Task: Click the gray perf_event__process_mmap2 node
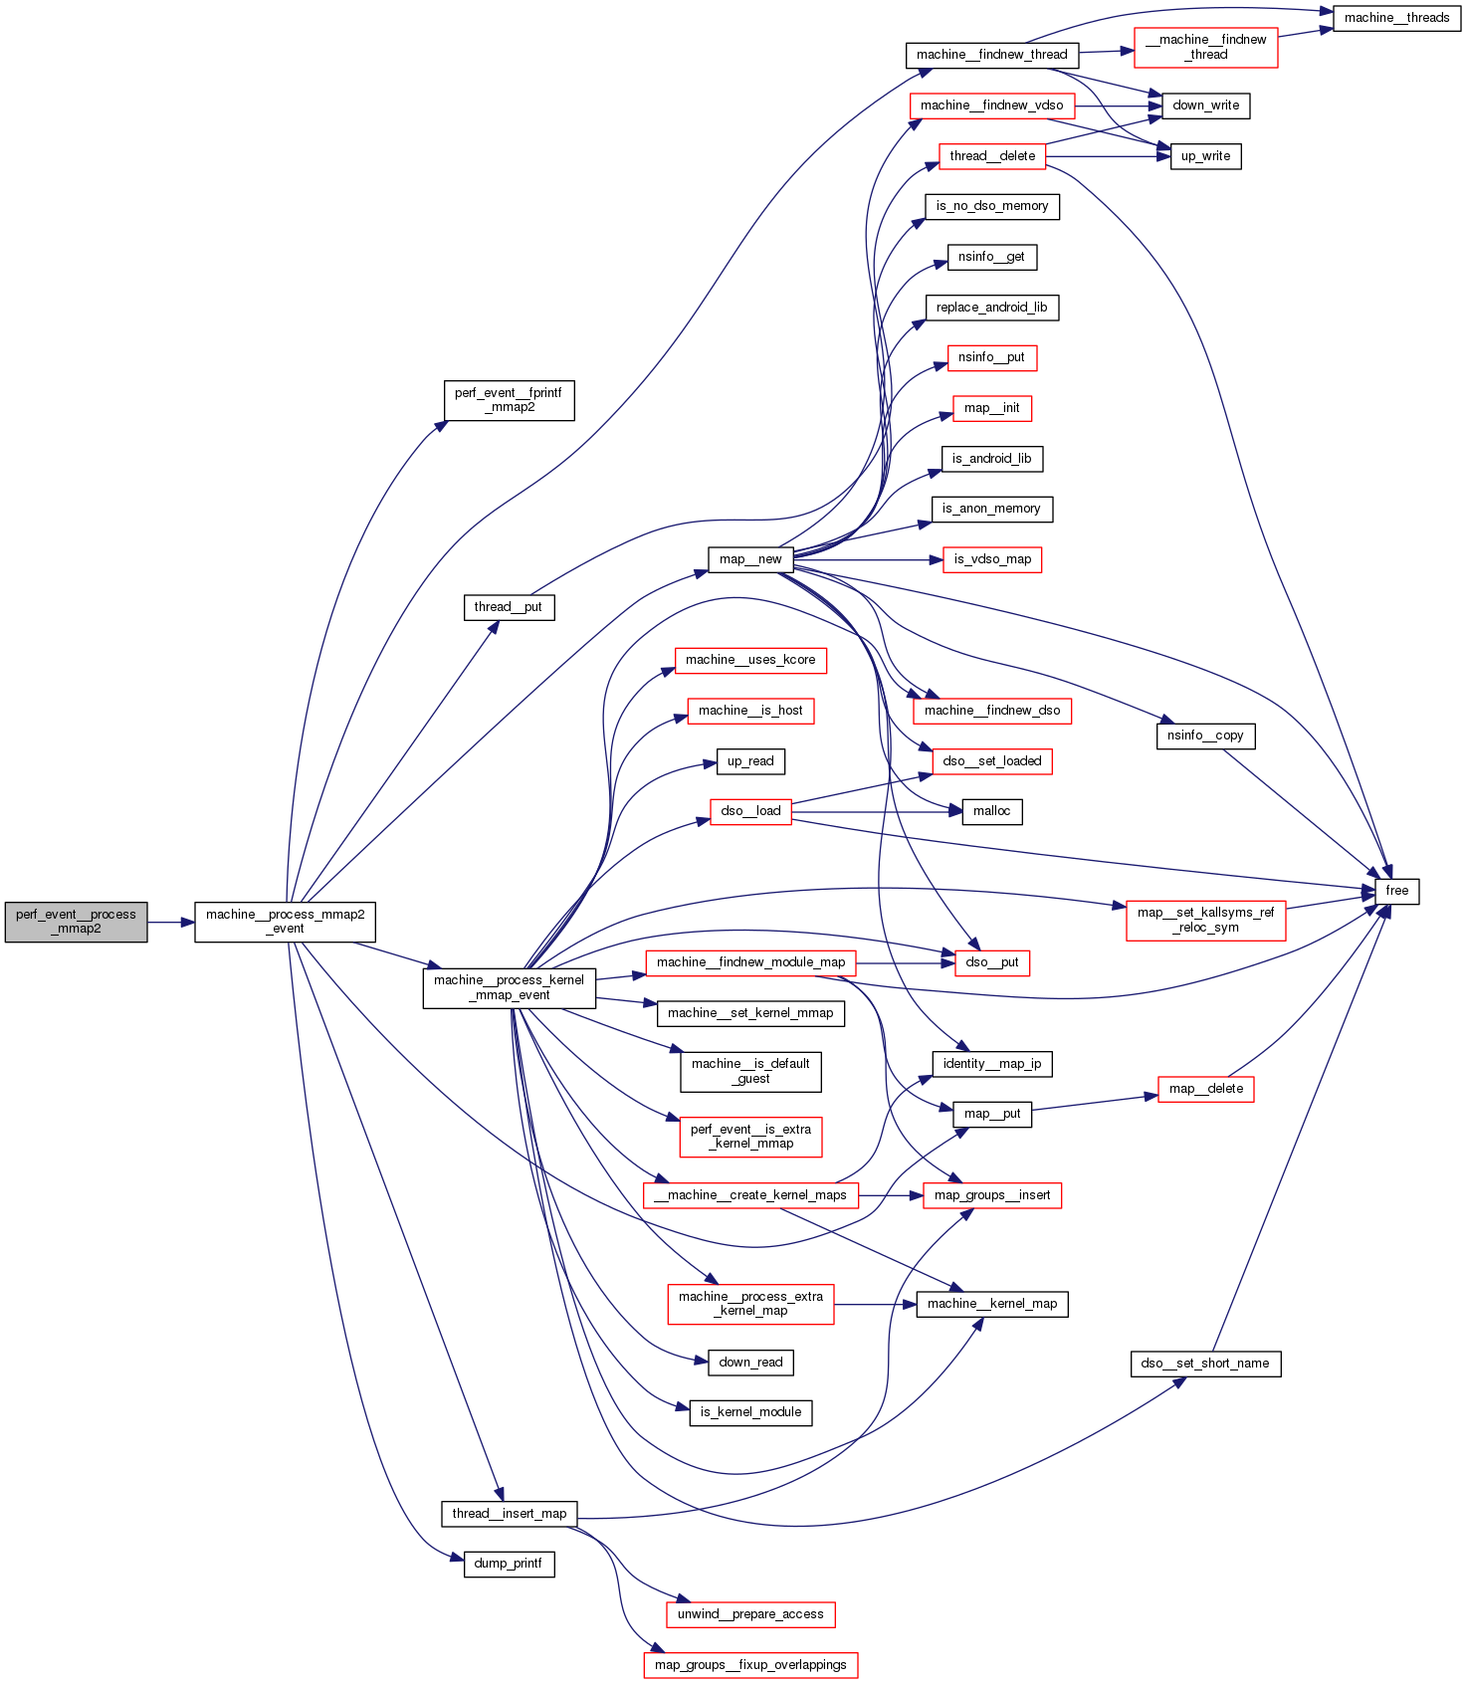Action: coord(76,922)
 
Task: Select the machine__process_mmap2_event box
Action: coord(285,922)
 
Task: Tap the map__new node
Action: coord(750,559)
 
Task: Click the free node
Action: coord(1396,891)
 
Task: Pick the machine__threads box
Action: coord(1396,18)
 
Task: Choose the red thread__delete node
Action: coord(991,156)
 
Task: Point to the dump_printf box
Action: coord(509,1564)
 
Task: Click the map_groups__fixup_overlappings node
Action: coord(750,1665)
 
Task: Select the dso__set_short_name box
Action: coord(1205,1364)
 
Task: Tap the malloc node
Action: coord(991,811)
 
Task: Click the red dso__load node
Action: coord(750,811)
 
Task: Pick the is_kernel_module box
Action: coord(750,1412)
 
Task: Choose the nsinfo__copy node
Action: coord(1205,736)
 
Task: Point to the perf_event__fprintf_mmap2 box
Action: coord(509,400)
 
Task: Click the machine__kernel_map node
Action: coord(991,1304)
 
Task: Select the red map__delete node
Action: coord(1205,1089)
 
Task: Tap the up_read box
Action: coord(750,761)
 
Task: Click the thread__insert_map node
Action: coord(509,1514)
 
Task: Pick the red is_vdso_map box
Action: coord(991,559)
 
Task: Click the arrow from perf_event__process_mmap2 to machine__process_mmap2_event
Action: coord(170,923)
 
